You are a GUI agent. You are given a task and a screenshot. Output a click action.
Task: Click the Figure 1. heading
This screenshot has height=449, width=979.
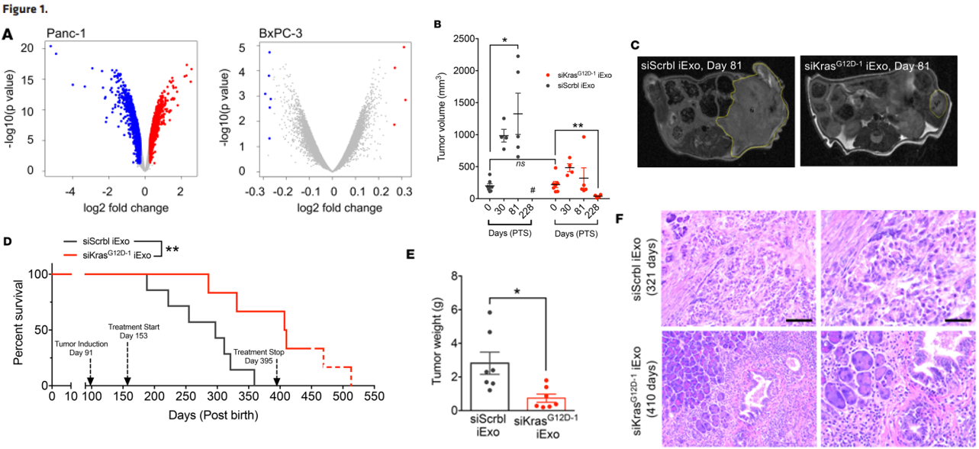pos(27,10)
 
